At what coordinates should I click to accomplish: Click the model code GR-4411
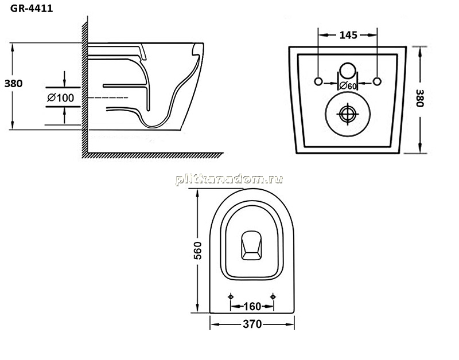(32, 9)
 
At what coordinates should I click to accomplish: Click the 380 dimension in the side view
(13, 84)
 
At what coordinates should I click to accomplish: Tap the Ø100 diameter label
(61, 97)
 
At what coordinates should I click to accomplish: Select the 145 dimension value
(348, 35)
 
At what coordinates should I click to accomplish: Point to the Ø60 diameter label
(348, 86)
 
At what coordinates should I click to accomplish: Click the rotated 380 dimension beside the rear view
(420, 98)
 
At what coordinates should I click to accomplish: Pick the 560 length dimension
(197, 251)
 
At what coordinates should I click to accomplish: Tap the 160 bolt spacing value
(252, 307)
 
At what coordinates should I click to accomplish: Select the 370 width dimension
(252, 324)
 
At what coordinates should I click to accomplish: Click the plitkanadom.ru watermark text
(229, 179)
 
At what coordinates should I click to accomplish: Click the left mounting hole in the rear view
(318, 81)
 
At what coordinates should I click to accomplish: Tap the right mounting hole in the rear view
(377, 81)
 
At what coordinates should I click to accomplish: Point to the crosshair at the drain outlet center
(348, 114)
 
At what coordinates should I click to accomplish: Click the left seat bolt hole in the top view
(231, 297)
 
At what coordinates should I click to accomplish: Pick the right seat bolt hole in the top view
(273, 297)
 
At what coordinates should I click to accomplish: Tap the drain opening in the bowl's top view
(251, 245)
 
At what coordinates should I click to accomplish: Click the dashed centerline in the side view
(108, 97)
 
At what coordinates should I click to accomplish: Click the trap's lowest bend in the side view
(153, 126)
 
